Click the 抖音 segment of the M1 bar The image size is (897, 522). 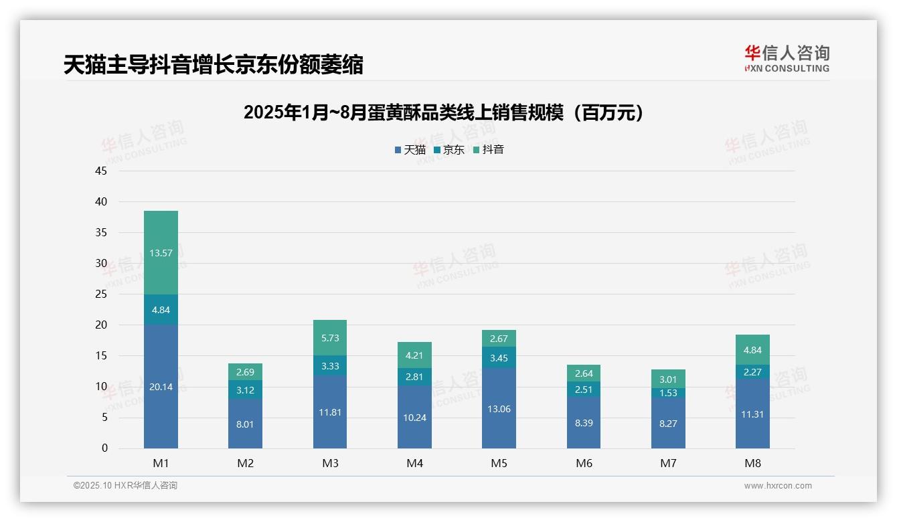pyautogui.click(x=161, y=252)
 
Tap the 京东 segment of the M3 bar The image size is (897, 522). pyautogui.click(x=330, y=365)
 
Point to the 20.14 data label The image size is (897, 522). pyautogui.click(x=161, y=387)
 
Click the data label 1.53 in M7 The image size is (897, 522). pyautogui.click(x=668, y=393)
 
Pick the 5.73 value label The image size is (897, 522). pyautogui.click(x=330, y=339)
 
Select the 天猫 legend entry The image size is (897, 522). pyautogui.click(x=410, y=150)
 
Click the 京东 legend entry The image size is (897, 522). pyautogui.click(x=448, y=150)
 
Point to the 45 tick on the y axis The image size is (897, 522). pyautogui.click(x=101, y=171)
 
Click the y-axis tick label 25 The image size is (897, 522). pyautogui.click(x=101, y=294)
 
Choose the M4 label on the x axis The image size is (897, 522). pyautogui.click(x=414, y=463)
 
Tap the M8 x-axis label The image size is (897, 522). pyautogui.click(x=752, y=463)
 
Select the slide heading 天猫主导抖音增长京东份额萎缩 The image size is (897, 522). pyautogui.click(x=214, y=65)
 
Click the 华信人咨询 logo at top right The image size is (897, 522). pyautogui.click(x=787, y=58)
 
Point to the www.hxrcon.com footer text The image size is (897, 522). pyautogui.click(x=777, y=486)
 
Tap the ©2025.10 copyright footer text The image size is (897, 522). pyautogui.click(x=125, y=486)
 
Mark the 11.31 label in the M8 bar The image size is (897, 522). pyautogui.click(x=752, y=414)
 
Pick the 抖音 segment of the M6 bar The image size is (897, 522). pyautogui.click(x=584, y=373)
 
